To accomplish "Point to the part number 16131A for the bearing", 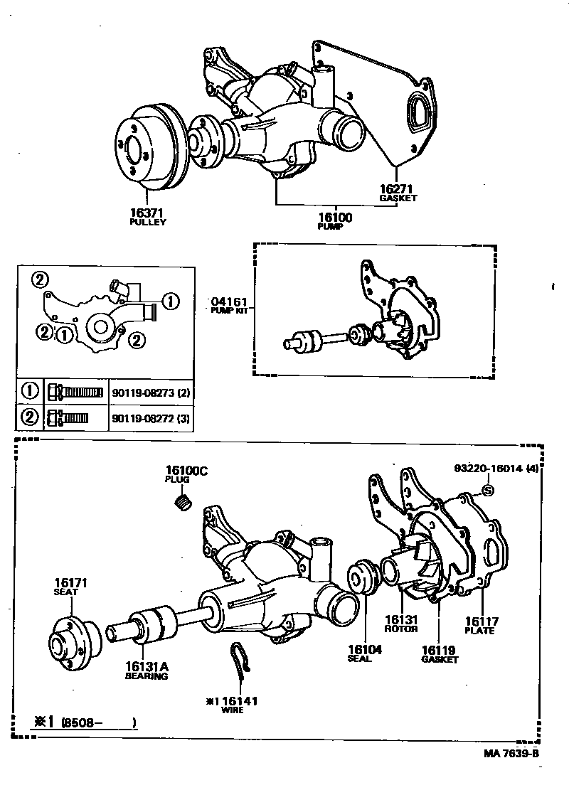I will (147, 666).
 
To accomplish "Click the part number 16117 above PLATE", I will (479, 621).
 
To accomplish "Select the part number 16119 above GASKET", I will (439, 649).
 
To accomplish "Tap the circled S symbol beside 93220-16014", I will (488, 489).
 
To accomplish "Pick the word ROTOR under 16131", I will (400, 629).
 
